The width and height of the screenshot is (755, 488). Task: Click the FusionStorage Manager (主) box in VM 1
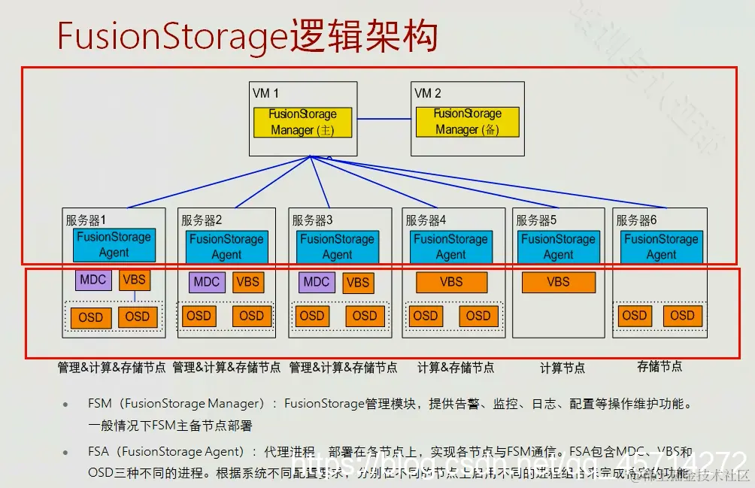point(302,122)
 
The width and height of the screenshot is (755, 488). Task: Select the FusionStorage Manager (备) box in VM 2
point(467,122)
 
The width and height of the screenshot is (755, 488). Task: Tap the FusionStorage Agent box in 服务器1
point(114,245)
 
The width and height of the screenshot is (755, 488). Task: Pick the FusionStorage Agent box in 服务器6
point(661,247)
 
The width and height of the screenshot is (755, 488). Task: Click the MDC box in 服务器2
point(206,282)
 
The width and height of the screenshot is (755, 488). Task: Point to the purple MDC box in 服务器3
point(317,281)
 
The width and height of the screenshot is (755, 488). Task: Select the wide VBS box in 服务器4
point(451,282)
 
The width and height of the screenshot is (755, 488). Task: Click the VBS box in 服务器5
point(558,282)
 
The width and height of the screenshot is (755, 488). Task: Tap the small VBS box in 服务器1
point(135,280)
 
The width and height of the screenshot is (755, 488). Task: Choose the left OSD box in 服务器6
point(634,316)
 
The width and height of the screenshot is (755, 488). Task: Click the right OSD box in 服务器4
point(478,316)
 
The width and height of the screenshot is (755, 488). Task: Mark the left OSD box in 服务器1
point(90,317)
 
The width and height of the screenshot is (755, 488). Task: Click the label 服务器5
point(536,220)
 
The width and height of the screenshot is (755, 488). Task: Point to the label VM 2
point(428,93)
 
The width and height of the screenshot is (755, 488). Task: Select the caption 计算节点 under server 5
point(562,368)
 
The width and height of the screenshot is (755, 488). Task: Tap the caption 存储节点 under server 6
point(659,366)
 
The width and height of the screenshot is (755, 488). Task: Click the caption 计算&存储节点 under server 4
point(456,367)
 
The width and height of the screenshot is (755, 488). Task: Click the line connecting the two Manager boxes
point(384,120)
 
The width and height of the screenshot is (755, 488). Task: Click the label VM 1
point(265,93)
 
